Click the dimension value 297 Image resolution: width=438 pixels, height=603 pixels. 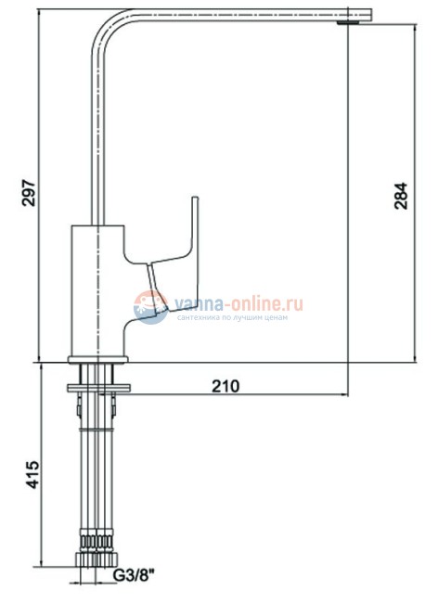pos(28,190)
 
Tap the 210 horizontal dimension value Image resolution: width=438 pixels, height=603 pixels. pos(226,385)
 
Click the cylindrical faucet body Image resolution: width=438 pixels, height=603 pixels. pos(98,288)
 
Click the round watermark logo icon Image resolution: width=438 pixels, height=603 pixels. pos(150,306)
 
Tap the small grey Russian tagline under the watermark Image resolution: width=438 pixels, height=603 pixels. pos(230,317)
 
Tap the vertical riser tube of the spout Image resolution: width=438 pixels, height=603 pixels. pos(98,130)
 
